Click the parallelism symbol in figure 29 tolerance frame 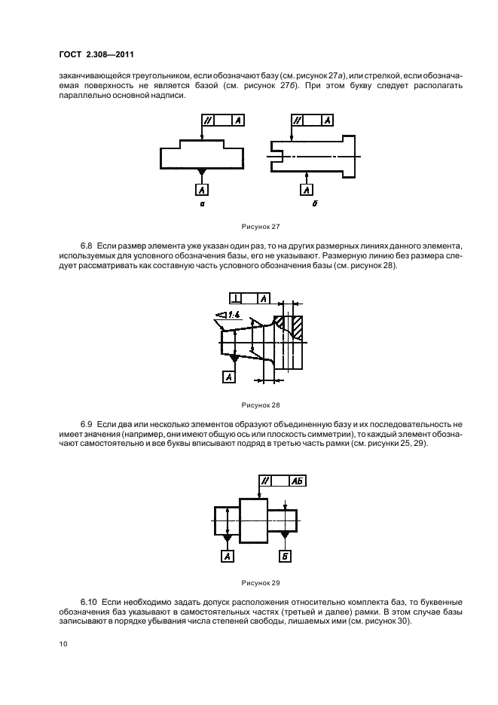click(x=265, y=481)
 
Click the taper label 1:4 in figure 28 click(x=228, y=316)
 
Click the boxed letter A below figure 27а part click(x=202, y=191)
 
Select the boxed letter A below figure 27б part click(x=306, y=191)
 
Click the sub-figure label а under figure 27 click(x=202, y=205)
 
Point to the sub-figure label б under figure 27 click(x=307, y=205)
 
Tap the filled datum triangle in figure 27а click(x=201, y=173)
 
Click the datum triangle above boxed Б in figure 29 click(x=285, y=534)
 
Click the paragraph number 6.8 click(x=87, y=247)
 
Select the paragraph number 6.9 click(x=87, y=426)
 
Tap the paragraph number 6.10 click(x=90, y=604)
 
